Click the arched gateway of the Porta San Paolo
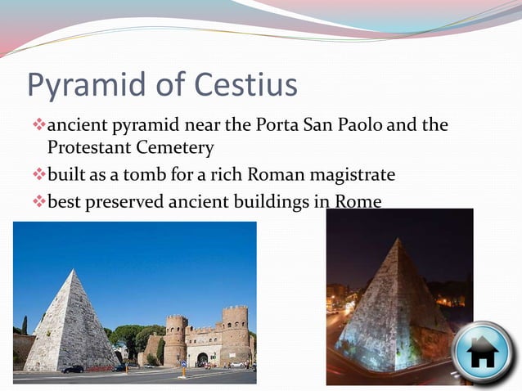[201, 359]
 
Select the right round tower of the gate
[235, 335]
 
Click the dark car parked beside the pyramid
[74, 369]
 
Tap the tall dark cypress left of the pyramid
[25, 326]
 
